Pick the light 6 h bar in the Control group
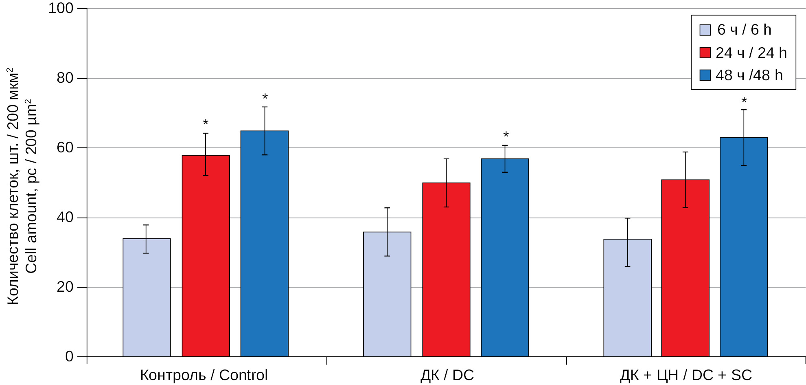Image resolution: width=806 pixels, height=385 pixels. coord(147,297)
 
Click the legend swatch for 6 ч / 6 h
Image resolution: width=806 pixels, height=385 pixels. coord(705,30)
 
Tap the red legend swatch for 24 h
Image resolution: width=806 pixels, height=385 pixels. coord(705,53)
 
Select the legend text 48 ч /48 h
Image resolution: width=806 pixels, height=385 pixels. coord(749,75)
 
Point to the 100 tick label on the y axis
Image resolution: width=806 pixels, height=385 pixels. coord(61,8)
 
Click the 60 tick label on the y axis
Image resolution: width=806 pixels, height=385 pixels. coord(65,147)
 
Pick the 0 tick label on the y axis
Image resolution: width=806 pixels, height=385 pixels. coord(69,356)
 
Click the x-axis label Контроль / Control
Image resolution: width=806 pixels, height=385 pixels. coord(204,375)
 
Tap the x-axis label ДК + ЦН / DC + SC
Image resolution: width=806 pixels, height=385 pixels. coord(686,375)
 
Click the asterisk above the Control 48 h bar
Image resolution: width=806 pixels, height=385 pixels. coord(265,97)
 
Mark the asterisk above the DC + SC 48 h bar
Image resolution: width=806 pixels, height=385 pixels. coord(744,101)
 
